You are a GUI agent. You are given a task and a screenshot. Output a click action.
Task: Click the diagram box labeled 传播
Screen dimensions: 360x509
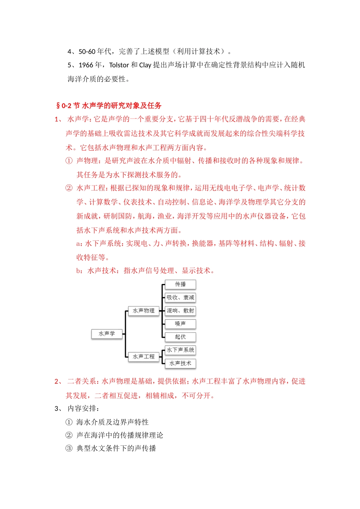tap(180, 284)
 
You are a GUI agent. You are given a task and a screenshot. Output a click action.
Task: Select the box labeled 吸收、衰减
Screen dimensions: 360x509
tap(180, 298)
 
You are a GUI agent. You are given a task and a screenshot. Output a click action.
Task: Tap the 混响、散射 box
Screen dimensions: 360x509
tap(180, 311)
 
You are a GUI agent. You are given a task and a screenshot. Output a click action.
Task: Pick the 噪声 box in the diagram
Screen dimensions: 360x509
tap(180, 324)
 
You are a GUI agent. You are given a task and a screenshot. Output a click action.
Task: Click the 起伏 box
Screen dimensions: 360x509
tap(180, 337)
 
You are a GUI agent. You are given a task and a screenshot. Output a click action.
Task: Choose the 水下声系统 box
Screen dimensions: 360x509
tap(180, 350)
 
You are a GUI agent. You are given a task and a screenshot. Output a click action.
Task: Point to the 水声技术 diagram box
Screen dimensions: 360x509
tap(180, 364)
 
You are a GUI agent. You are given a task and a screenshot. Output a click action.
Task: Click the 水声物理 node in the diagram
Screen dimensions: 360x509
tap(144, 311)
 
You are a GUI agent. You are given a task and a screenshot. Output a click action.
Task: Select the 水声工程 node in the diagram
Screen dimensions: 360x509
tap(144, 357)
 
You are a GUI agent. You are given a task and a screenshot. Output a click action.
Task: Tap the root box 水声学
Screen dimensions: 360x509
tap(107, 334)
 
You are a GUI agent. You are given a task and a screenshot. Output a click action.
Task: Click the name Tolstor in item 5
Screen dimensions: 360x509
tap(119, 65)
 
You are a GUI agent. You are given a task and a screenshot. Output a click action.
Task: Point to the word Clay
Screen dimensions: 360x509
tap(145, 65)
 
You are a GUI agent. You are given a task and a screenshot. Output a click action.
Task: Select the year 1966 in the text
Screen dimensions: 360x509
tap(86, 65)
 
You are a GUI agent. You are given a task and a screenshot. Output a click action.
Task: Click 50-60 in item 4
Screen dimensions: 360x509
tap(87, 52)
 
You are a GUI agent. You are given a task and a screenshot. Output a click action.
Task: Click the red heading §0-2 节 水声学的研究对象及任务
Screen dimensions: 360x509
tap(109, 106)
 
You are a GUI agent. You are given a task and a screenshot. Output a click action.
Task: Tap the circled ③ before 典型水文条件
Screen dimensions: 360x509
tap(69, 448)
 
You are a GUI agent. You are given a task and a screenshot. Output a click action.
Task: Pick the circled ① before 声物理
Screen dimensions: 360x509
tap(69, 161)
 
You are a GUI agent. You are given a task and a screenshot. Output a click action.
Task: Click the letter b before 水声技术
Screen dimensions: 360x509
tap(78, 271)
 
